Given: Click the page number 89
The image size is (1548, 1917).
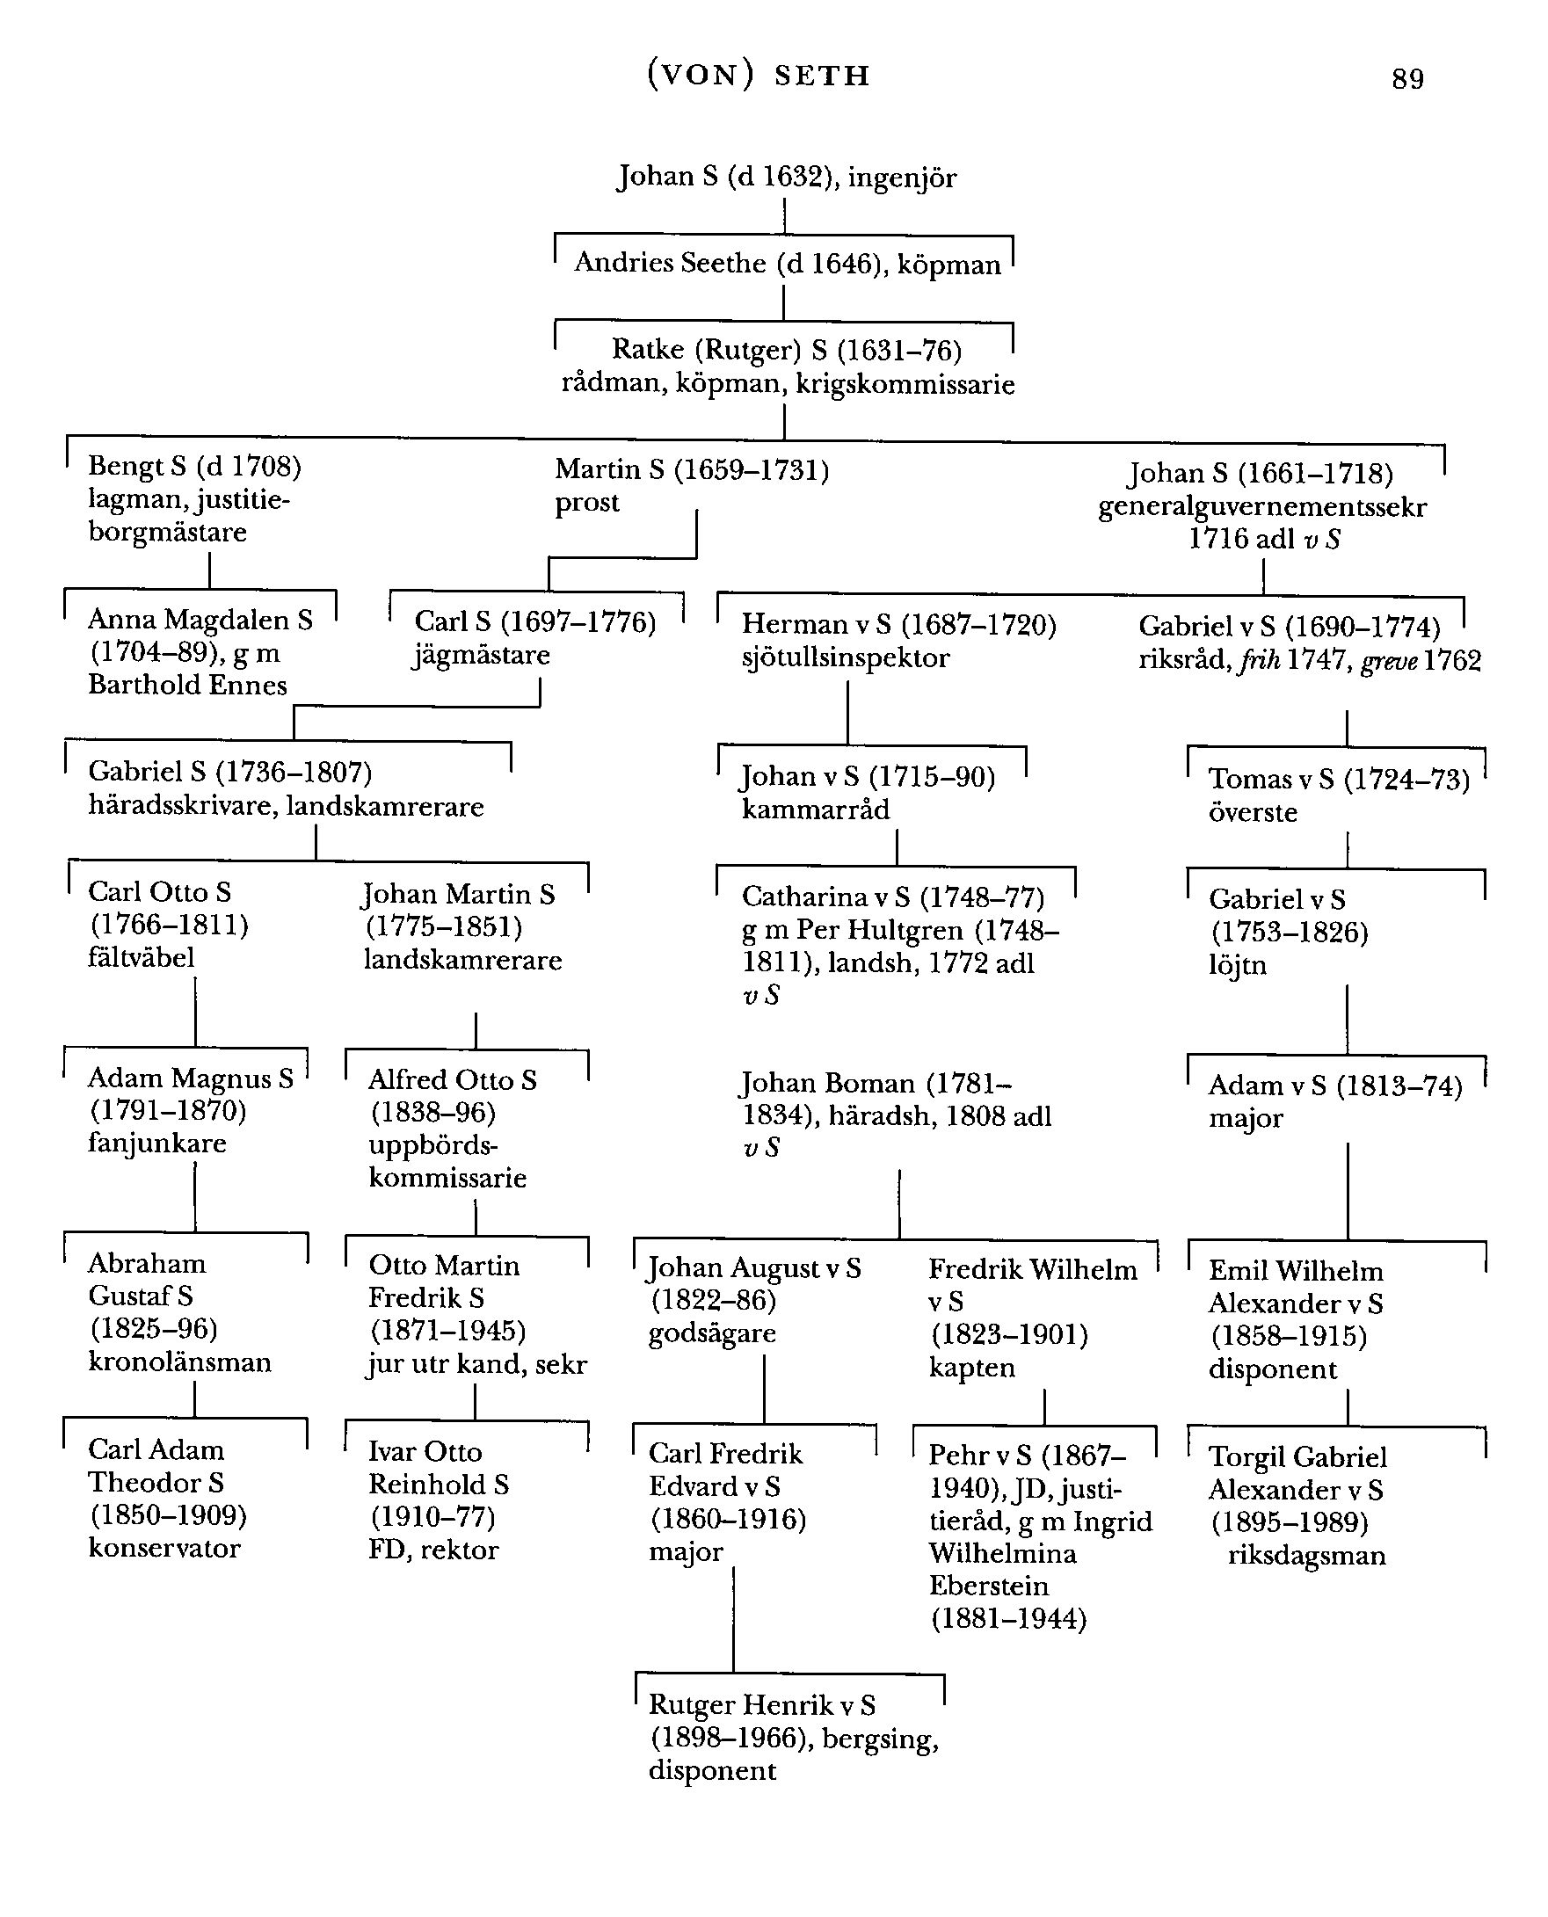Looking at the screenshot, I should point(1407,79).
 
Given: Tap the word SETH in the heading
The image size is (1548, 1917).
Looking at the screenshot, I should point(821,76).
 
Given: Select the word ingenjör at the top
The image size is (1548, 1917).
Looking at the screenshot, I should point(902,178).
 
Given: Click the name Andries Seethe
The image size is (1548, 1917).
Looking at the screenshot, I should point(670,263).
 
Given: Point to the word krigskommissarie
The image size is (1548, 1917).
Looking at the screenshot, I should point(905,385).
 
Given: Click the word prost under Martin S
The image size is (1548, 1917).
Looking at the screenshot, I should point(586,503).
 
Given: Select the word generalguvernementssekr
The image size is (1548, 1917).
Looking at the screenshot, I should point(1261,508).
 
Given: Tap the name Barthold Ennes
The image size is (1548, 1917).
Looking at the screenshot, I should point(187,686).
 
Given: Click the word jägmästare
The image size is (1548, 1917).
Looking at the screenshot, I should point(481,657).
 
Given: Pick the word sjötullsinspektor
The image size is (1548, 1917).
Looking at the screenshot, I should point(846,658).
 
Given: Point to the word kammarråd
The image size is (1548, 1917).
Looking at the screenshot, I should point(815,810).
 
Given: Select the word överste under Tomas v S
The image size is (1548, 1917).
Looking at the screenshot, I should point(1252,812).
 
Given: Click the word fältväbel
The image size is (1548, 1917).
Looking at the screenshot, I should point(141,957).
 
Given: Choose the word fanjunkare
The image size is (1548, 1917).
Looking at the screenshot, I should point(157,1143).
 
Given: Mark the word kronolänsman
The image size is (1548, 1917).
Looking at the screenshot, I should point(179,1362).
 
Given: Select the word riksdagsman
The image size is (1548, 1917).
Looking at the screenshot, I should point(1306,1556).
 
